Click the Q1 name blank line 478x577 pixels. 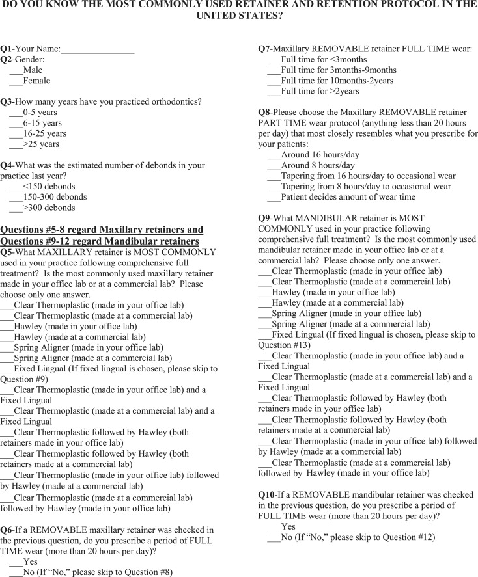(x=98, y=49)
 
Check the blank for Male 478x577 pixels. (x=16, y=70)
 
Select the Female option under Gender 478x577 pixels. (x=16, y=81)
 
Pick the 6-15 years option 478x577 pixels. (x=16, y=123)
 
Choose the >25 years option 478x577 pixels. (x=16, y=144)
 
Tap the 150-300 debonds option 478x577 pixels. (x=16, y=197)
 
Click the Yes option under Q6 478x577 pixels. (x=16, y=561)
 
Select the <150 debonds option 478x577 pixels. (x=16, y=187)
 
